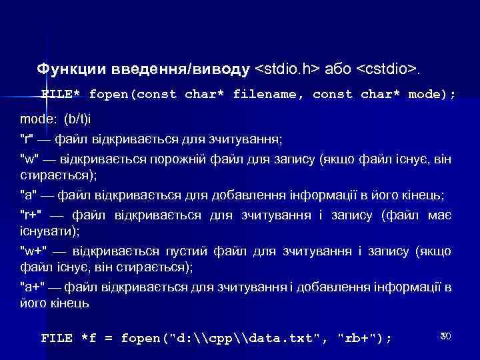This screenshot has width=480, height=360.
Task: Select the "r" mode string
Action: click(27, 139)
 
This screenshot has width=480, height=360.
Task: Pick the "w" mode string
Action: click(30, 159)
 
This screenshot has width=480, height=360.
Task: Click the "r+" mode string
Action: click(31, 216)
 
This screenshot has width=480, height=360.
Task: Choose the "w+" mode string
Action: click(34, 251)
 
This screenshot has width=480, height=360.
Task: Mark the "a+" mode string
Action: click(31, 287)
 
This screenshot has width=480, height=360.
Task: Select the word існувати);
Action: click(50, 231)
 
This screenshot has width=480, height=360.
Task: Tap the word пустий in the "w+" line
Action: click(188, 251)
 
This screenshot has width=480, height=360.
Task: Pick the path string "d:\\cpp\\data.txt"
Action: click(246, 338)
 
